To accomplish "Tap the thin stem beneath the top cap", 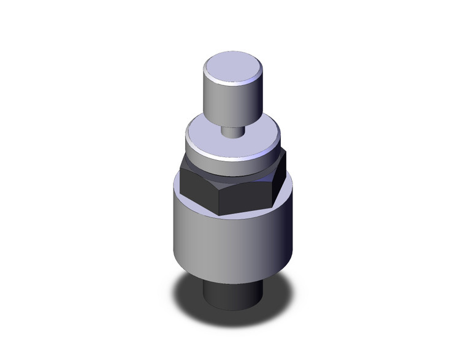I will tap(232, 131).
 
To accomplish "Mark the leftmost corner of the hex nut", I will tap(182, 174).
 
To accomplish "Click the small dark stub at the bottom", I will tap(232, 294).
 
